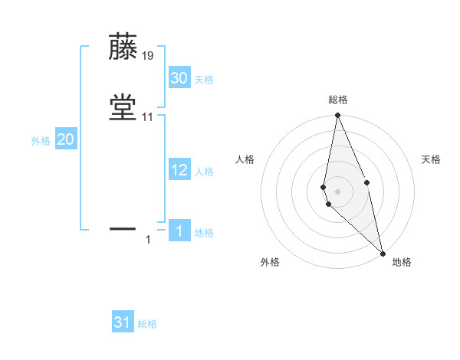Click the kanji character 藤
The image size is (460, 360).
pyautogui.click(x=123, y=47)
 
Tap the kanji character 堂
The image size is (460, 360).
pyautogui.click(x=123, y=106)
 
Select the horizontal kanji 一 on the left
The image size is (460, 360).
pyautogui.click(x=123, y=227)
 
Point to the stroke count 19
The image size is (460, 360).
pyautogui.click(x=148, y=56)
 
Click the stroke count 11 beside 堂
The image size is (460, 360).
pyautogui.click(x=148, y=117)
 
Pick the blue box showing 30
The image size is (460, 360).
pyautogui.click(x=179, y=78)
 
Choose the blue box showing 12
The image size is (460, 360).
pyautogui.click(x=179, y=170)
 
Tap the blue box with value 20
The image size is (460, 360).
pyautogui.click(x=66, y=139)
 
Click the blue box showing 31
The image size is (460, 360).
pyautogui.click(x=123, y=322)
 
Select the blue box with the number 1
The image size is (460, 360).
pyautogui.click(x=179, y=231)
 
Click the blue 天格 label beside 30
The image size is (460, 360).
pyautogui.click(x=204, y=80)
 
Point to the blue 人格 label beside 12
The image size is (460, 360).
pyautogui.click(x=204, y=172)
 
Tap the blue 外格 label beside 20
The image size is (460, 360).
pyautogui.click(x=41, y=141)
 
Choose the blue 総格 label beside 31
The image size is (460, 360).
pyautogui.click(x=147, y=324)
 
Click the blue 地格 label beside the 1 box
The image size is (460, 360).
pyautogui.click(x=204, y=233)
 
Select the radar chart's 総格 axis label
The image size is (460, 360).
pyautogui.click(x=338, y=100)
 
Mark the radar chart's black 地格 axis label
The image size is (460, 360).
pyautogui.click(x=402, y=262)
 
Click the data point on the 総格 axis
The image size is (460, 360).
pyautogui.click(x=337, y=116)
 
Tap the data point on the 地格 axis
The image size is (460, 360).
pyautogui.click(x=383, y=253)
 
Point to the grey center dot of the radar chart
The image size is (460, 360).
pyautogui.click(x=337, y=191)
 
